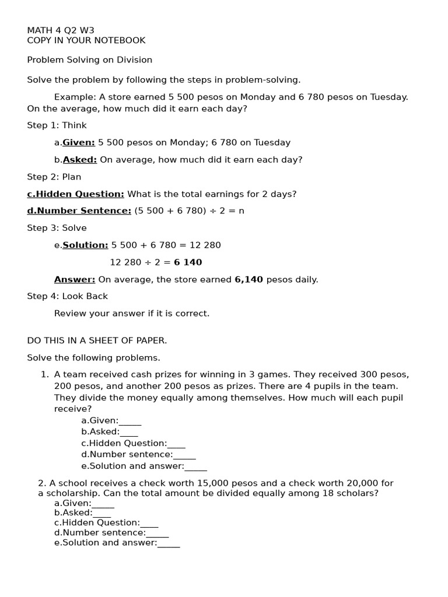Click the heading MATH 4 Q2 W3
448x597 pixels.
click(61, 30)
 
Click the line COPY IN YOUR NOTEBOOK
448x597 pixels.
click(86, 40)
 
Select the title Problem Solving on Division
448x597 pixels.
click(89, 59)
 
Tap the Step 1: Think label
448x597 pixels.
click(57, 125)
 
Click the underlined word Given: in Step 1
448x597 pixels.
click(79, 142)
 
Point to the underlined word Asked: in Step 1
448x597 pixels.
click(80, 160)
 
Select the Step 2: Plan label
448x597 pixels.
click(54, 177)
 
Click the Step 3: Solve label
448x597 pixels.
click(57, 228)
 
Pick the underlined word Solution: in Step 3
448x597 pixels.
click(85, 245)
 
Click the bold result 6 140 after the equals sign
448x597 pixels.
click(188, 262)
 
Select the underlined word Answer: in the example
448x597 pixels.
click(75, 279)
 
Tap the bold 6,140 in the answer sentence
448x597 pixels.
click(249, 279)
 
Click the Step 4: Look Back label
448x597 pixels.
click(67, 296)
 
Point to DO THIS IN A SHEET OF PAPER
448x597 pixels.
click(97, 340)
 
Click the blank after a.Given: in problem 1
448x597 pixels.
click(130, 422)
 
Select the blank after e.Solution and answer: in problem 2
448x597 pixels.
click(169, 544)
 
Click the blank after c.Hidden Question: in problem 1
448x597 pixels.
click(176, 445)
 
